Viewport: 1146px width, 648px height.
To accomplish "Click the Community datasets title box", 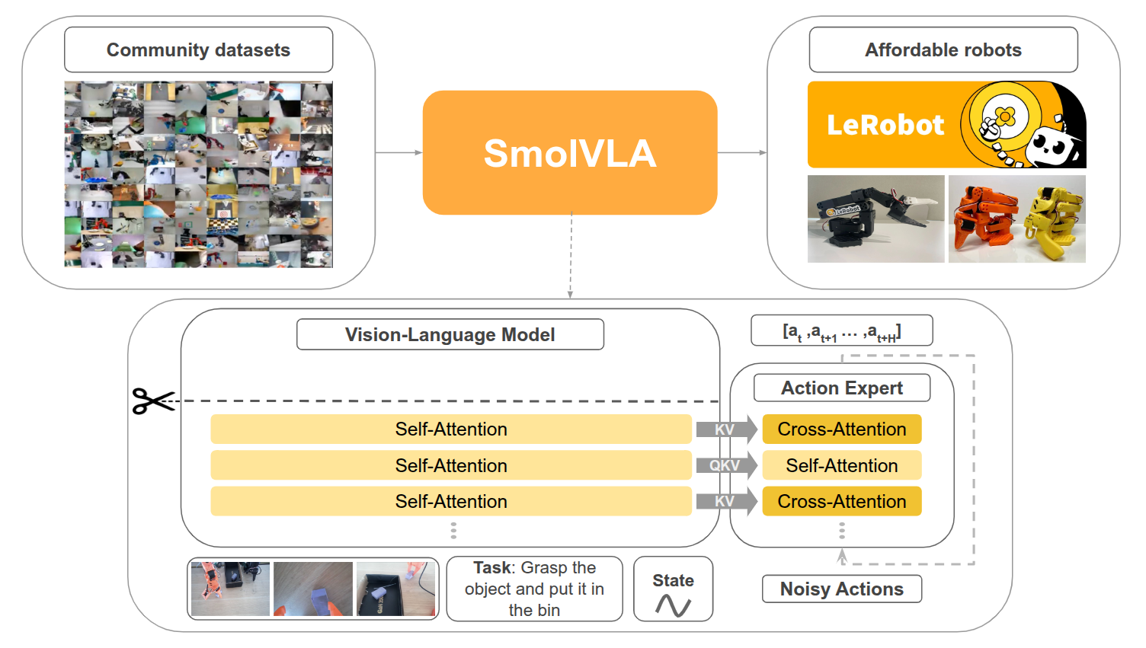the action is click(x=199, y=49).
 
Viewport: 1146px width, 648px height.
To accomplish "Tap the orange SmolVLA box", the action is click(x=570, y=152).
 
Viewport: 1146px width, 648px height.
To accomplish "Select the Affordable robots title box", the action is click(x=943, y=49).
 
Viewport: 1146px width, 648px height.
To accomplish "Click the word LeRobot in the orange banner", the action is click(x=885, y=125).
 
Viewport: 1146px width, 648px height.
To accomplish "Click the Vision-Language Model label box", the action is click(x=450, y=334).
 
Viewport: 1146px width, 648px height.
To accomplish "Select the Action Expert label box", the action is click(x=842, y=388).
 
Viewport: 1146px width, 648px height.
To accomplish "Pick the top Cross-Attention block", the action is click(x=842, y=429).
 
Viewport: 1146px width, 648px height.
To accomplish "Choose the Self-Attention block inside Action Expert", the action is click(x=842, y=465).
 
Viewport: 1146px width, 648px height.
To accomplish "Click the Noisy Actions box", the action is click(x=842, y=589).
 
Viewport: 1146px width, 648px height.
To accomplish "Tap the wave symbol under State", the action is click(x=674, y=605).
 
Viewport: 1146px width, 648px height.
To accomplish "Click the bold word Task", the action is click(x=491, y=568).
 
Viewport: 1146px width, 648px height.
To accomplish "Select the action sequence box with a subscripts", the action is click(x=842, y=330).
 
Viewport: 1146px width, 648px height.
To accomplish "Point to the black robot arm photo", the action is click(x=876, y=219).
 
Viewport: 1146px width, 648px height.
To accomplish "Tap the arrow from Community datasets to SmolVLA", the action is click(x=399, y=152).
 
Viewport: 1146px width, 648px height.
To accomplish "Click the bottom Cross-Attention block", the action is click(x=842, y=501).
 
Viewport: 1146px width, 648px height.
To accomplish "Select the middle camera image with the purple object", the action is click(x=313, y=589).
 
